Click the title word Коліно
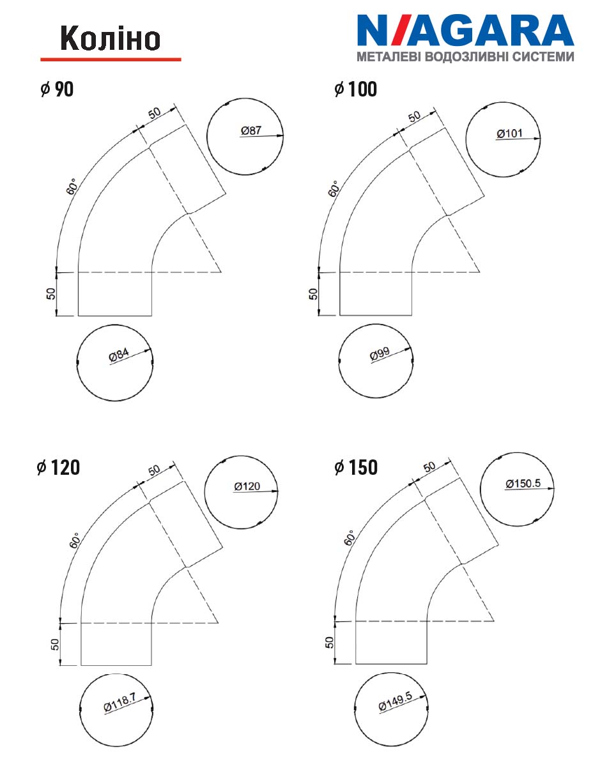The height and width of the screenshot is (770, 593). coord(110,38)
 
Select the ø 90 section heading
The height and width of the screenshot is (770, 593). coord(57,89)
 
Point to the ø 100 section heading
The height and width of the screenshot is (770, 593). coord(356,89)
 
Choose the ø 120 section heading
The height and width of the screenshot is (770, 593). coord(58,467)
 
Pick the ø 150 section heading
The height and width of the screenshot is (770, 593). coord(356,467)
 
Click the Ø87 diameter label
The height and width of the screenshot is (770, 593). coord(250,130)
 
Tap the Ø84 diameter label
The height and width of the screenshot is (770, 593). coord(119,355)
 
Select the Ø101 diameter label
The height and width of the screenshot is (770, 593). coord(509,134)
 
